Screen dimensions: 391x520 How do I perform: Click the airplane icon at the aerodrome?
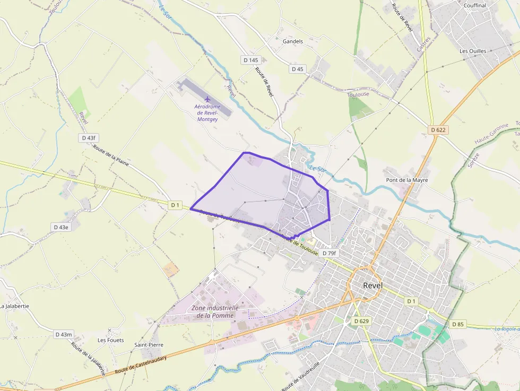[207, 99]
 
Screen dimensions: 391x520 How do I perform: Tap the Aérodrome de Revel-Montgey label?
[207, 113]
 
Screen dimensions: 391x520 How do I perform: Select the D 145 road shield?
[251, 60]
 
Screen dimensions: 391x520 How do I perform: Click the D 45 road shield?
[298, 69]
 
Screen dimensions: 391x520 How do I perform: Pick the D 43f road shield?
[89, 138]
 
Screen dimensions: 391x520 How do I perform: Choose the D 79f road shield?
[329, 254]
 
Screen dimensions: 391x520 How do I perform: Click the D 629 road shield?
[361, 321]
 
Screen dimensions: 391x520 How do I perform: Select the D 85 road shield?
[458, 324]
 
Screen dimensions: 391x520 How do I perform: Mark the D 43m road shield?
[64, 334]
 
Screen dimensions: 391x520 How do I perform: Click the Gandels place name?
[293, 41]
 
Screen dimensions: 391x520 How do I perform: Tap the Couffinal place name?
[474, 5]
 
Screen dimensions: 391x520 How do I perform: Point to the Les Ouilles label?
[473, 51]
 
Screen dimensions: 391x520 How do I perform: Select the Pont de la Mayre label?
[406, 180]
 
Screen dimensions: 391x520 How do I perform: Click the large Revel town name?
[372, 285]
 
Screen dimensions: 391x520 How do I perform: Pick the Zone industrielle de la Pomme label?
[215, 311]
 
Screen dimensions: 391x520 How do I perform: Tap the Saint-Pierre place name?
[149, 345]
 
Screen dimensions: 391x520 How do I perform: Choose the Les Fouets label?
[110, 340]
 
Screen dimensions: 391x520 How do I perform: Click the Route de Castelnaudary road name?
[141, 366]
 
